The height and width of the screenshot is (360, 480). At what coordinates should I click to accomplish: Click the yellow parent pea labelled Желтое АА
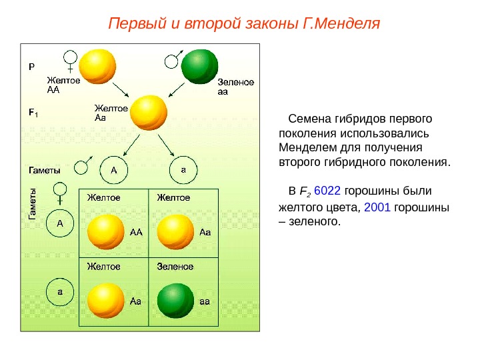(x=97, y=66)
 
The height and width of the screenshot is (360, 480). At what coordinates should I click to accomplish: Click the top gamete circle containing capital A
(x=113, y=170)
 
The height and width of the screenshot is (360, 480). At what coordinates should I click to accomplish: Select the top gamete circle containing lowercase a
(x=183, y=170)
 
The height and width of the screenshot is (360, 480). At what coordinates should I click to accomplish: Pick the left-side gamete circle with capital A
(x=59, y=223)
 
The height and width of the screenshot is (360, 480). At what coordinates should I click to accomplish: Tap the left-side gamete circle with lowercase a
(x=59, y=291)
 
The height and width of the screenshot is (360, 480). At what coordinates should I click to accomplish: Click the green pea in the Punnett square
(x=175, y=301)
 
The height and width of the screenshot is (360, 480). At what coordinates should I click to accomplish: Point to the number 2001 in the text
(x=378, y=207)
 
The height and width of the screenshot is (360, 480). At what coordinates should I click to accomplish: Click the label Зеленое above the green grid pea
(x=175, y=267)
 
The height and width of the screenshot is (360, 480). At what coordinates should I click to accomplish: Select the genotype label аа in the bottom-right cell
(x=205, y=301)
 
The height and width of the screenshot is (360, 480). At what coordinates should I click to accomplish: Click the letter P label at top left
(x=31, y=67)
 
